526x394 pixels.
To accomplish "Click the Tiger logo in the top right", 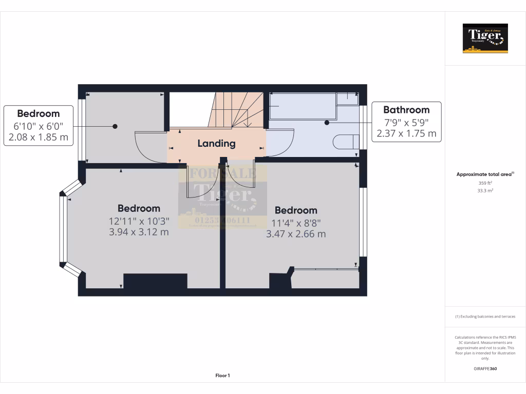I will coord(485,38).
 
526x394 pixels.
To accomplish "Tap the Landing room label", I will coord(216,144).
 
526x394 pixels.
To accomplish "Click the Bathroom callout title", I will coord(406,110).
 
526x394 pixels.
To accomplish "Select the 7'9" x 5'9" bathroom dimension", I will coord(406,123).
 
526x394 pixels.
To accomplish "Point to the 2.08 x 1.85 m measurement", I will coord(38,137).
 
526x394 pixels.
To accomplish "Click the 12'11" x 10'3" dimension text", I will coord(139,221).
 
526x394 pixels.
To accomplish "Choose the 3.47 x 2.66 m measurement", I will coord(295,234).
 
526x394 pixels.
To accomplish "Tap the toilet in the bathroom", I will coord(346,142).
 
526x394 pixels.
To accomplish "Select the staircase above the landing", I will coord(236,109).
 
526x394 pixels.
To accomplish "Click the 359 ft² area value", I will coord(485,183).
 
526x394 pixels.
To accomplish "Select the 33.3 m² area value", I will coord(485,190).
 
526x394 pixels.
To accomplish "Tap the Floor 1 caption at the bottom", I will coord(222,376).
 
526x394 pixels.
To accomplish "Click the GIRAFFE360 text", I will coord(485,368).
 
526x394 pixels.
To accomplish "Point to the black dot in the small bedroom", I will coord(115,126).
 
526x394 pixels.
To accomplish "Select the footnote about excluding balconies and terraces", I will coord(485,317).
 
